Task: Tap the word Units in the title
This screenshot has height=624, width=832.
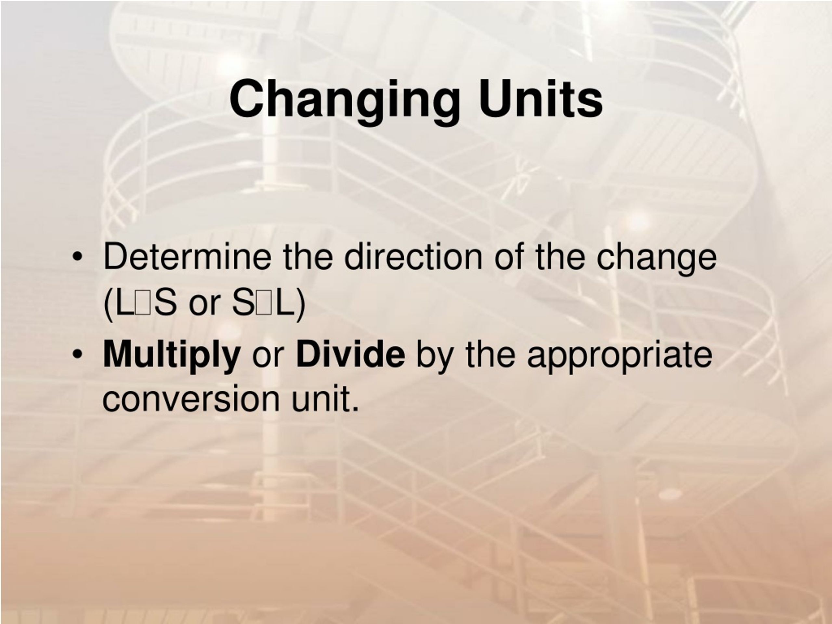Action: click(x=540, y=98)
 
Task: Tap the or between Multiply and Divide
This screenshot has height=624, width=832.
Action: click(x=267, y=356)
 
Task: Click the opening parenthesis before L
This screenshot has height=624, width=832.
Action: click(x=109, y=306)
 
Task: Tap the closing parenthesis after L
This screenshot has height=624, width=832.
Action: click(x=299, y=306)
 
